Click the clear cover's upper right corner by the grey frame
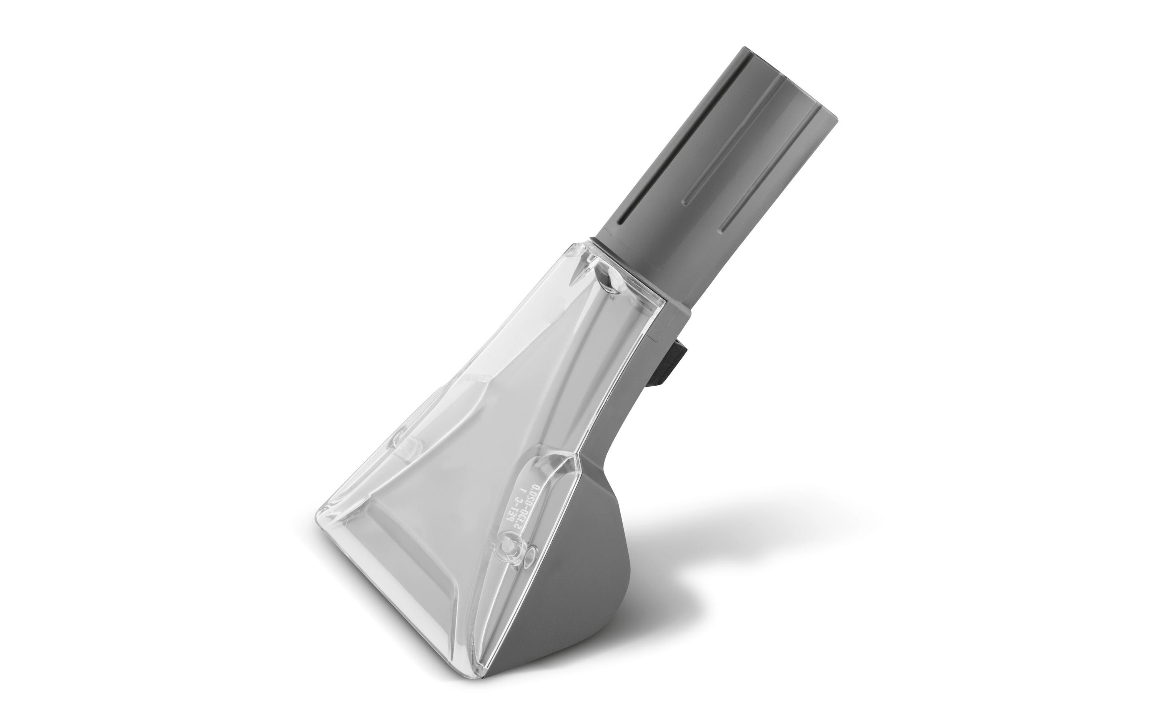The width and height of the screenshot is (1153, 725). click(x=663, y=303)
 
